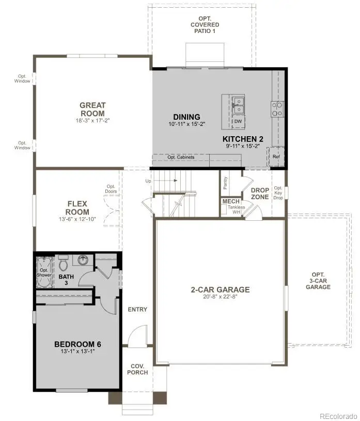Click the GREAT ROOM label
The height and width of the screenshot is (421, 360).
pyautogui.click(x=92, y=109)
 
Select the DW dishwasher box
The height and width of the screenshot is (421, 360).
pyautogui.click(x=238, y=122)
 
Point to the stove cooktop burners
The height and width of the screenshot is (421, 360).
pyautogui.click(x=277, y=108)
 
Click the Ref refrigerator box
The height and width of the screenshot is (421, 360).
pyautogui.click(x=276, y=157)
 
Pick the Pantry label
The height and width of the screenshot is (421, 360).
pyautogui.click(x=225, y=183)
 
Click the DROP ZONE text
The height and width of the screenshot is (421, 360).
pyautogui.click(x=260, y=193)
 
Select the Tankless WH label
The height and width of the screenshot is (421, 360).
pyautogui.click(x=236, y=209)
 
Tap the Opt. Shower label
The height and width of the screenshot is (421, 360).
pyautogui.click(x=44, y=272)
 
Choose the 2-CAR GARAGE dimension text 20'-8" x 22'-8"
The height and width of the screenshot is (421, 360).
pyautogui.click(x=220, y=297)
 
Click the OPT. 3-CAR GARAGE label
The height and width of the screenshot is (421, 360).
pyautogui.click(x=318, y=280)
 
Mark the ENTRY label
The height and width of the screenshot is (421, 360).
pyautogui.click(x=137, y=310)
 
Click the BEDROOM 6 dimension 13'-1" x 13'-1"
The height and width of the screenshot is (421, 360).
pyautogui.click(x=76, y=351)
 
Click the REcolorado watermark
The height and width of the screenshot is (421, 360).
pyautogui.click(x=337, y=415)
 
